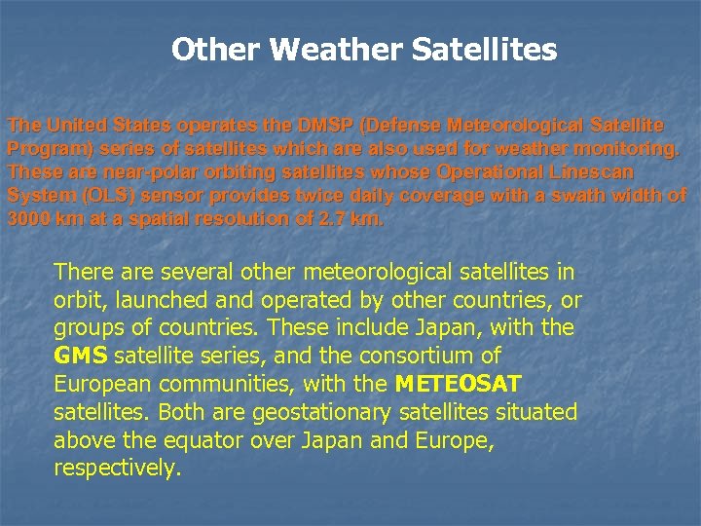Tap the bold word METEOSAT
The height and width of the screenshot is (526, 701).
pos(462,384)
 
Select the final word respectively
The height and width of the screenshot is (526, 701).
pos(117,469)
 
